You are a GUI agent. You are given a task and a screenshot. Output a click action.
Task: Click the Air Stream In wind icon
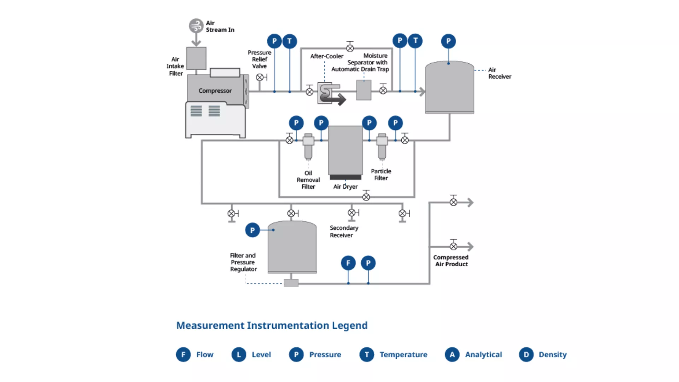[196, 26]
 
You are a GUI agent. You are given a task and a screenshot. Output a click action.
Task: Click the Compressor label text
[215, 91]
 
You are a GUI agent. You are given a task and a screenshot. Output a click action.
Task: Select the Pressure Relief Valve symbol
[260, 77]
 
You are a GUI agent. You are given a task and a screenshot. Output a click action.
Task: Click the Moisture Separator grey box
[364, 90]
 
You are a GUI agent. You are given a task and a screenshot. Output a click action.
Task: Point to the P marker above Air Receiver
[448, 41]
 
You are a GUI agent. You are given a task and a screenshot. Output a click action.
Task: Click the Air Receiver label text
[499, 73]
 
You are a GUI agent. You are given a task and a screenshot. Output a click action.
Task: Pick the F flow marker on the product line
[348, 263]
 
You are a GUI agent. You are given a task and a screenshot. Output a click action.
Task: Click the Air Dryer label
[345, 186]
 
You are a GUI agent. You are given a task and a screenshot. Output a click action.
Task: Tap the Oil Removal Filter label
[308, 180]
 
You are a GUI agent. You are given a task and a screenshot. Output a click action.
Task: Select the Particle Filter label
[381, 174]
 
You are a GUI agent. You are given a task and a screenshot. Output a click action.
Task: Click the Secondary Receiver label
[344, 231]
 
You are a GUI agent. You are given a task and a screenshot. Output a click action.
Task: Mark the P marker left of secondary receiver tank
[253, 230]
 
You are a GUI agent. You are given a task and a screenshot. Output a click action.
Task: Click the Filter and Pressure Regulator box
[291, 283]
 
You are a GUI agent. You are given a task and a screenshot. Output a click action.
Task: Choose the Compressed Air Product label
[451, 261]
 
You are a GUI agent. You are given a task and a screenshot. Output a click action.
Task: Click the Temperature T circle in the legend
[367, 354]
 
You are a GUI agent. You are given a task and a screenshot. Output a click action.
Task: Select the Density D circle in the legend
[526, 354]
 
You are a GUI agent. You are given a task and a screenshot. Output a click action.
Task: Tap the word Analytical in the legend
[483, 354]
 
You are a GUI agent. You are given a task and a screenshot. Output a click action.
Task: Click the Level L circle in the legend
[239, 354]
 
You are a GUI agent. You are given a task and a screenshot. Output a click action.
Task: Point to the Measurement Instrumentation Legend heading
[272, 325]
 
